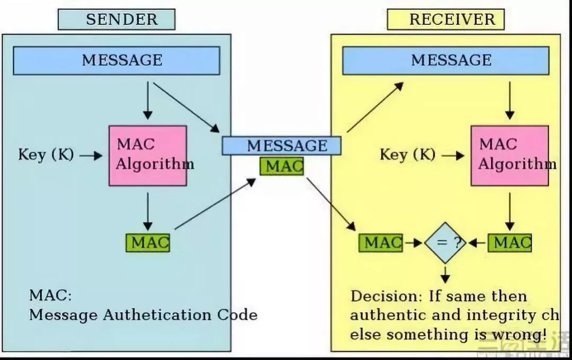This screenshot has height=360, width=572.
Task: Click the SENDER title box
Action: [117, 20]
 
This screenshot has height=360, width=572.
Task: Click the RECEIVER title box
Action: [445, 20]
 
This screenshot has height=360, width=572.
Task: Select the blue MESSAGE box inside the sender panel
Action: [117, 60]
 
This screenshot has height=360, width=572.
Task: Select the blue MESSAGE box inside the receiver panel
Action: [445, 60]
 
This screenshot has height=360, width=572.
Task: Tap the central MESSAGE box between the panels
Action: [281, 146]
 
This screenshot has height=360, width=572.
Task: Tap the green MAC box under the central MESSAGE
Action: [282, 166]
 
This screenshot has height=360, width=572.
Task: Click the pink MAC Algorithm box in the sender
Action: [148, 155]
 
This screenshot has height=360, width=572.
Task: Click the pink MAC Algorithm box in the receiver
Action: [510, 155]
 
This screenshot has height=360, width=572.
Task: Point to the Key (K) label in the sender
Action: [46, 155]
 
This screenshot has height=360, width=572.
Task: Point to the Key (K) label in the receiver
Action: [407, 155]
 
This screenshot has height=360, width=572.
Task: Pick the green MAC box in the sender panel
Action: [148, 242]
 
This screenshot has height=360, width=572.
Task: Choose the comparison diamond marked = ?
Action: [445, 242]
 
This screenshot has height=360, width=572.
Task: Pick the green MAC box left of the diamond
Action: [381, 242]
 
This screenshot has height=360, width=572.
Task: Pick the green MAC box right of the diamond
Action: [510, 242]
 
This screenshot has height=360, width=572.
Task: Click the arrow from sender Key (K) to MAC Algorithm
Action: [91, 156]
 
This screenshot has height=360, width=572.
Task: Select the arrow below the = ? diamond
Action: [445, 273]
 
